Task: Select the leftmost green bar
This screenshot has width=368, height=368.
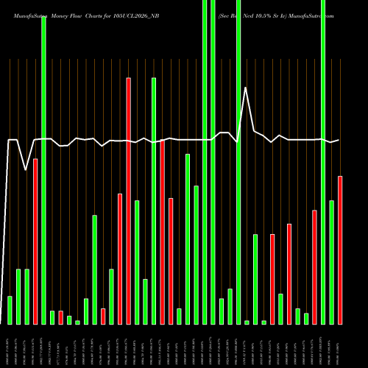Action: [x=10, y=309]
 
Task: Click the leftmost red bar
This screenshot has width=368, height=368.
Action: [x=35, y=241]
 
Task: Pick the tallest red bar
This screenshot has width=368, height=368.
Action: [x=129, y=200]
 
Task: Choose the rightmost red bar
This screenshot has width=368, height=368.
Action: [x=340, y=250]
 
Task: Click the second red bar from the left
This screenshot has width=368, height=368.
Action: [x=61, y=317]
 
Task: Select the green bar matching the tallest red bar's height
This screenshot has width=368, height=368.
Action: [x=154, y=200]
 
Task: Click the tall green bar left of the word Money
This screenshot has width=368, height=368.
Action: [x=43, y=169]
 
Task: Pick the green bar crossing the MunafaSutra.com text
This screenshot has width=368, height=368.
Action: [x=323, y=162]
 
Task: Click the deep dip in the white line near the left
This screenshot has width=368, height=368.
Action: [x=26, y=170]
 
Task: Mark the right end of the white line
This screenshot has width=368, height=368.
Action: [x=339, y=140]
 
